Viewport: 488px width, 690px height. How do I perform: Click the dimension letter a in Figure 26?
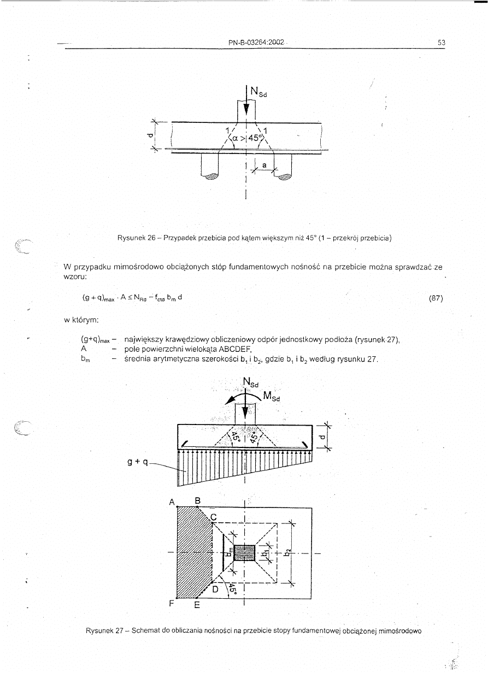pos(264,164)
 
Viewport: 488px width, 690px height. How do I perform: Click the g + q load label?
pos(137,463)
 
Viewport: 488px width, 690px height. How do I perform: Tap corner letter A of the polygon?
pos(172,502)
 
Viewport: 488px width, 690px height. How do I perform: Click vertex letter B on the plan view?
pos(197,500)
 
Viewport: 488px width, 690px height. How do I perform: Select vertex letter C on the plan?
pos(214,517)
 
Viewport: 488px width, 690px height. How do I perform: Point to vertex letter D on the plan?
pos(215,589)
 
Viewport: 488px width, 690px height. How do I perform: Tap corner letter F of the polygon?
pos(172,604)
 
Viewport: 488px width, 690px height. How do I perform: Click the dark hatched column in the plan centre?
pos(244,552)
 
